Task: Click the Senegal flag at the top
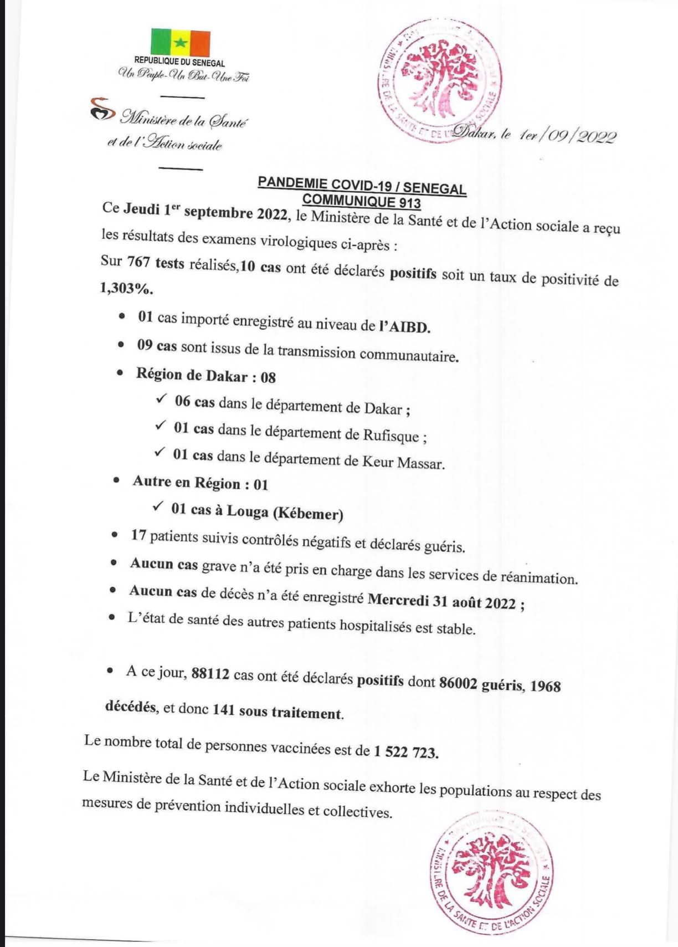[x=180, y=43]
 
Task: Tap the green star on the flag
[x=180, y=43]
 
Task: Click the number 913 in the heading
[x=409, y=203]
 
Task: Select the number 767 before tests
[x=138, y=262]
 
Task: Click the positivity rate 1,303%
[x=126, y=288]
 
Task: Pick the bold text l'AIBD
[x=404, y=326]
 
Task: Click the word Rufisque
[x=391, y=435]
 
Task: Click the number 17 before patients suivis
[x=138, y=535]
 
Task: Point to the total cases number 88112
[x=210, y=674]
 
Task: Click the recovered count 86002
[x=458, y=683]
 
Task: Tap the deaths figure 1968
[x=545, y=686]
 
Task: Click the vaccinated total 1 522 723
[x=405, y=752]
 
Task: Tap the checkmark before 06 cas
[x=161, y=398]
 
